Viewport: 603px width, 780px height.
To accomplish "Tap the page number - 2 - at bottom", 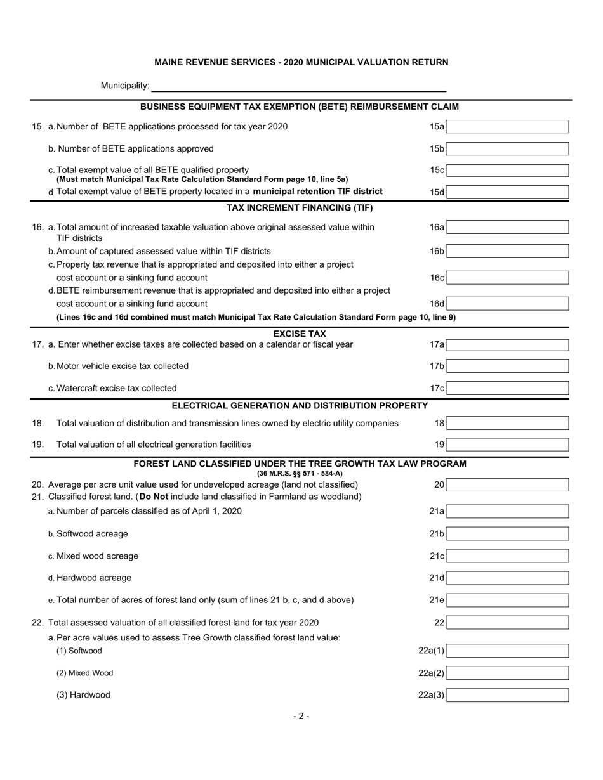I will click(301, 717).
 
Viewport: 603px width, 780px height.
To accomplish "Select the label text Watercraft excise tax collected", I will click(116, 388).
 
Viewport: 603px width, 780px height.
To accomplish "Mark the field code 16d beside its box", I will click(437, 304).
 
